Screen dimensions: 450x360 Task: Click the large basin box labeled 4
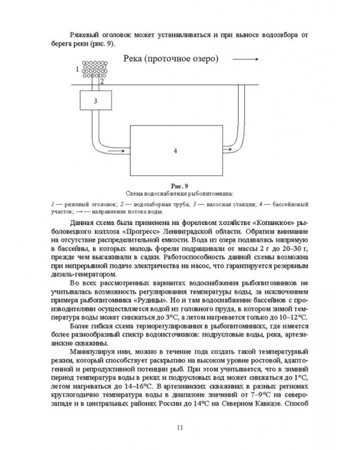pyautogui.click(x=175, y=151)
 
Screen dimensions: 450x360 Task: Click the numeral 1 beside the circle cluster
pyautogui.click(x=77, y=70)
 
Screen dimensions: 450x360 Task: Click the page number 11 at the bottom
pyautogui.click(x=180, y=427)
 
